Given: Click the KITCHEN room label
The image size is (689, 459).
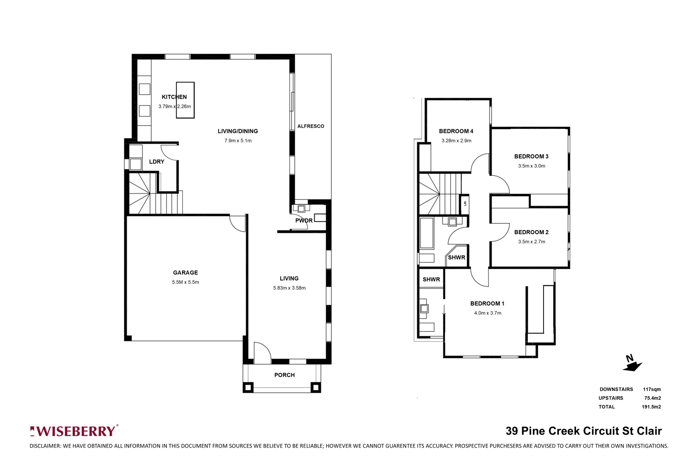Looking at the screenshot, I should pos(174,97).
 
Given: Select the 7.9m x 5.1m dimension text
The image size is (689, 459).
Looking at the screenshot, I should pos(238,141).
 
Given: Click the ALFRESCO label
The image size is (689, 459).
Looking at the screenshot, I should pos(310,126).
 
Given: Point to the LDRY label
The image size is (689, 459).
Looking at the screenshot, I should pos(157,161).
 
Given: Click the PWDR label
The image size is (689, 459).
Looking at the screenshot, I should pos(304,221).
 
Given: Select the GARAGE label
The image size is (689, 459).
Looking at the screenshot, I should pos(185,272).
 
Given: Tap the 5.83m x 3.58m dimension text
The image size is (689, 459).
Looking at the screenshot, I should pos(289,288).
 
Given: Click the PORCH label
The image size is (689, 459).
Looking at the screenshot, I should pos(284,375).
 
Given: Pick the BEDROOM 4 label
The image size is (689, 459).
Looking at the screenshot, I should pos(456,131).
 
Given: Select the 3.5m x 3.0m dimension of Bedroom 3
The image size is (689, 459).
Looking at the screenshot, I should pos(531,166).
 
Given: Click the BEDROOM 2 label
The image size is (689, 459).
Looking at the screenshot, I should pos(531,232).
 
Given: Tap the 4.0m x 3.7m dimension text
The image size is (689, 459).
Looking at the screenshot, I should pos(487,313).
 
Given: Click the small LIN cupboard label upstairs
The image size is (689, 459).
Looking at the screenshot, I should pos(465,204).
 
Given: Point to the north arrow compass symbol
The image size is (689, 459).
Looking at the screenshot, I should pos(632,364).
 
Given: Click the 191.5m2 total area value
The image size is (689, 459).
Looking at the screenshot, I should pos(651,407).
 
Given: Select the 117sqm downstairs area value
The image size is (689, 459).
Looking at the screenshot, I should pos(652,389).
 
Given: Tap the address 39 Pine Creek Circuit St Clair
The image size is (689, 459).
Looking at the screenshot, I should pos(584,431).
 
